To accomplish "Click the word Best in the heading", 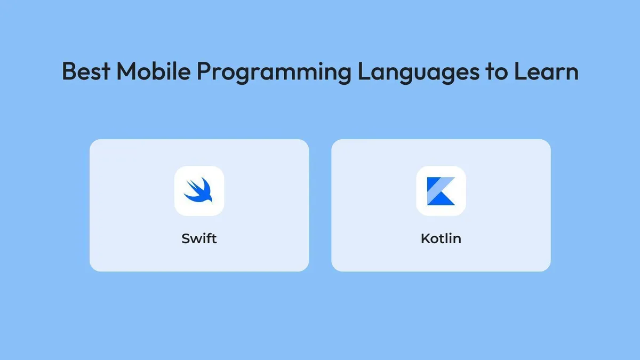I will pyautogui.click(x=85, y=71).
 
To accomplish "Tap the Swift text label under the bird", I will pyautogui.click(x=199, y=238).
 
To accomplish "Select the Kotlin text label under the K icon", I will pyautogui.click(x=441, y=238).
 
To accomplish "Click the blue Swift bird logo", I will pyautogui.click(x=199, y=190).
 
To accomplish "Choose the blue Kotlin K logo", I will pyautogui.click(x=441, y=191).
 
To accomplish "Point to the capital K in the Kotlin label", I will pyautogui.click(x=425, y=238).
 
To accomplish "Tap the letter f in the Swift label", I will pyautogui.click(x=209, y=238).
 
